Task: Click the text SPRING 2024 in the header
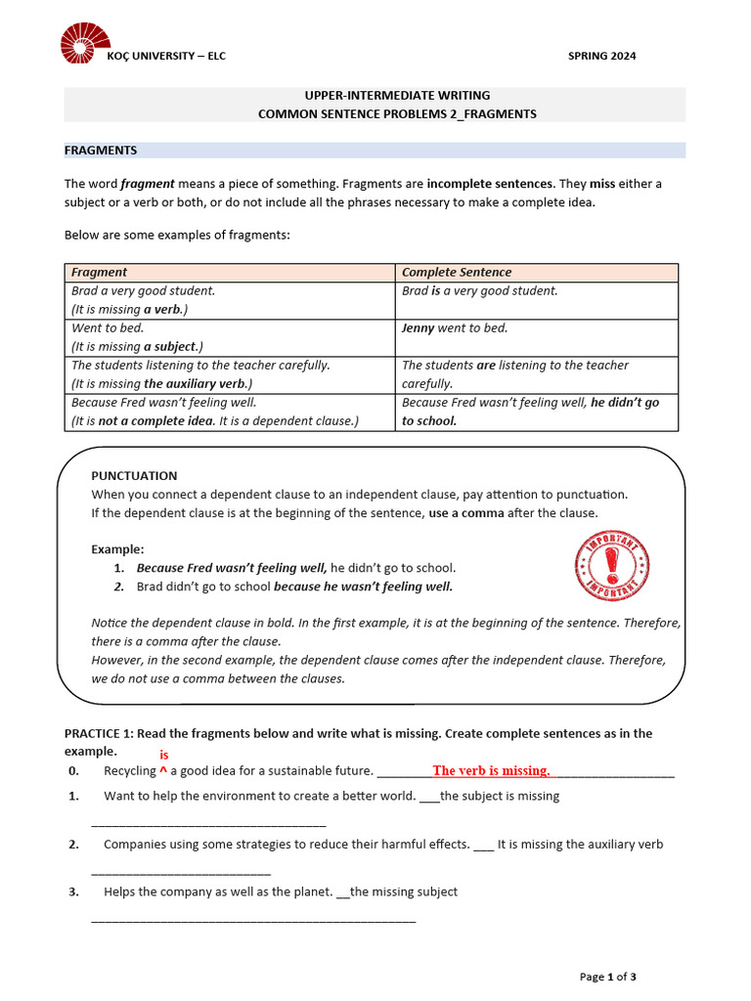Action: (601, 56)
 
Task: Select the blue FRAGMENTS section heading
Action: (101, 151)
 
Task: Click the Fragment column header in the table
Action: (100, 273)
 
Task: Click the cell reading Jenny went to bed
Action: (455, 328)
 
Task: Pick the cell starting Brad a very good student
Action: (144, 291)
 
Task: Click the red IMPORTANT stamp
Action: (612, 566)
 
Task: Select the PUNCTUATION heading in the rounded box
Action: (134, 476)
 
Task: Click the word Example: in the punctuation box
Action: (117, 549)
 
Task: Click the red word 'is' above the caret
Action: (164, 756)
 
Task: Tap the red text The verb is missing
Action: (491, 771)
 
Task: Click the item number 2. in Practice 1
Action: (74, 845)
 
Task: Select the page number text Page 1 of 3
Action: (608, 976)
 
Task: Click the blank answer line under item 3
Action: (253, 919)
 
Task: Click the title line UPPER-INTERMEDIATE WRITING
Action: (397, 96)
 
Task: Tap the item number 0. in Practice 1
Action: (74, 771)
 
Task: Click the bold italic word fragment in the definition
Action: (148, 184)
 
